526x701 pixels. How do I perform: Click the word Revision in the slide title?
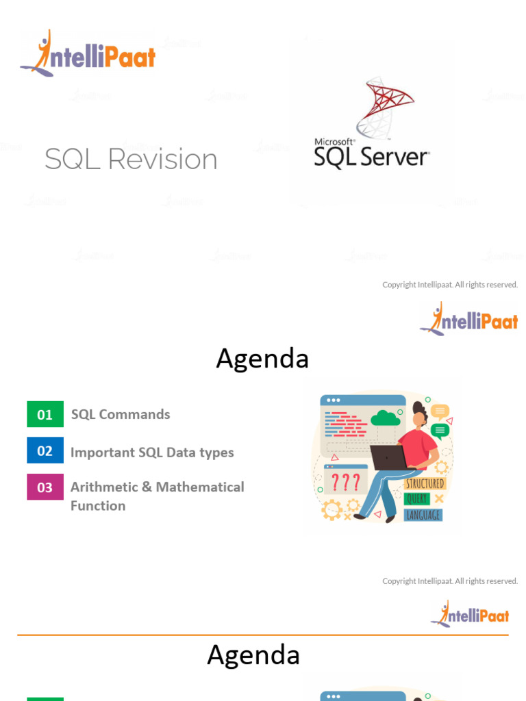click(x=163, y=160)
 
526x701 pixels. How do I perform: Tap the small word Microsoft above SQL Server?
click(x=329, y=142)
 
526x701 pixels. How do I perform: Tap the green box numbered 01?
click(x=45, y=414)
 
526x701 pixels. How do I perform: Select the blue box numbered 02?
click(x=45, y=450)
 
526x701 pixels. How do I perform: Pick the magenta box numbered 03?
click(x=45, y=487)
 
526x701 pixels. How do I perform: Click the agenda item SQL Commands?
click(x=121, y=414)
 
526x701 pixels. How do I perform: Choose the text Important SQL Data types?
click(x=152, y=453)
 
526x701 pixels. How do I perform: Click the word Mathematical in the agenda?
click(x=200, y=487)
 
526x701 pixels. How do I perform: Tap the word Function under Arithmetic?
click(x=98, y=506)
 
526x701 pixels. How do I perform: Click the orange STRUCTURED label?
click(x=425, y=483)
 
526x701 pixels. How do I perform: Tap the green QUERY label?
click(x=417, y=499)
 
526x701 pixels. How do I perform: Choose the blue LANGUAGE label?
click(x=423, y=515)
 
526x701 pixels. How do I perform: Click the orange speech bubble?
click(x=440, y=411)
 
